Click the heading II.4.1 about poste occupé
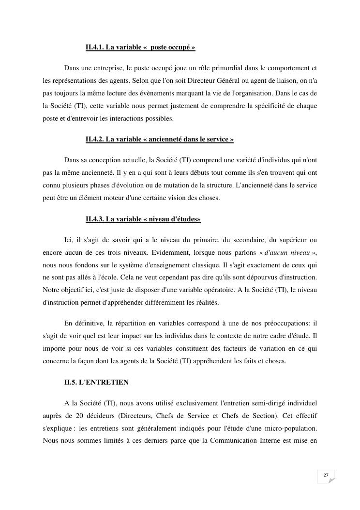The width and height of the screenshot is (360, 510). tap(140, 47)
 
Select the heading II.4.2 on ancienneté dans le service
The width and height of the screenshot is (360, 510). tap(160, 139)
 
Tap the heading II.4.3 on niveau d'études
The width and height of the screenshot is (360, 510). tap(143, 219)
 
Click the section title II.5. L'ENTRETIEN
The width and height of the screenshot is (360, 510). tap(96, 382)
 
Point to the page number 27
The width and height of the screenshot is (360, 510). tap(326, 475)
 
